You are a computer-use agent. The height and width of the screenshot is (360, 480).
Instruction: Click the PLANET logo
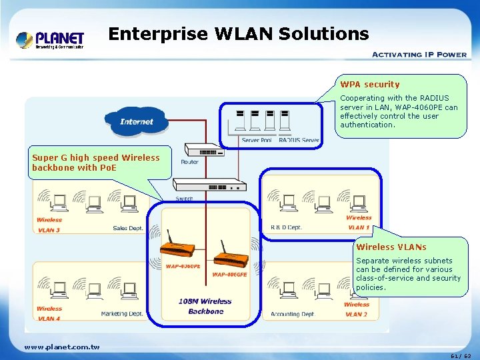tap(50, 39)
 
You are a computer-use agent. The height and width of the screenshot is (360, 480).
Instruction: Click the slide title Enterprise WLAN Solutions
tap(238, 33)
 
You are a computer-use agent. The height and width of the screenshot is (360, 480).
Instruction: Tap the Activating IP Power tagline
tap(419, 55)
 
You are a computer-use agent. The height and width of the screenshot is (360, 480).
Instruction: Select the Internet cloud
tap(137, 121)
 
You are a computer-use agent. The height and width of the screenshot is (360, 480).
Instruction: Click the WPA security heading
tap(370, 85)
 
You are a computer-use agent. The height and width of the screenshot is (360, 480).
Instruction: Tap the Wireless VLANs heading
tap(391, 247)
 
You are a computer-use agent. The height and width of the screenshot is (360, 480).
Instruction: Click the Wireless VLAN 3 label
tap(49, 225)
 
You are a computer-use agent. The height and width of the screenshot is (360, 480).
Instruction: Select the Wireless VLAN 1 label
tap(359, 222)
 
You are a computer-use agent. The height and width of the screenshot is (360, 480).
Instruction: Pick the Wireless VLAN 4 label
tap(49, 313)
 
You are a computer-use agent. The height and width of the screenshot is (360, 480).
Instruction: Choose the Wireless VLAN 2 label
tap(357, 309)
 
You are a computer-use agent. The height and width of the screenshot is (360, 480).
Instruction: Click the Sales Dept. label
tap(128, 228)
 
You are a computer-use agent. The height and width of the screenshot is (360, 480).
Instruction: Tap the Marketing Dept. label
tap(122, 313)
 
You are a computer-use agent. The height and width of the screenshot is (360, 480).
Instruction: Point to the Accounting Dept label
tap(292, 314)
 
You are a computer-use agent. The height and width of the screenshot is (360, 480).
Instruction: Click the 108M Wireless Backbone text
tap(205, 306)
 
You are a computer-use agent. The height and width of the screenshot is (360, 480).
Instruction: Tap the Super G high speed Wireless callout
tap(96, 163)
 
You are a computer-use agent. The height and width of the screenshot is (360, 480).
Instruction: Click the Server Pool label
tap(256, 141)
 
